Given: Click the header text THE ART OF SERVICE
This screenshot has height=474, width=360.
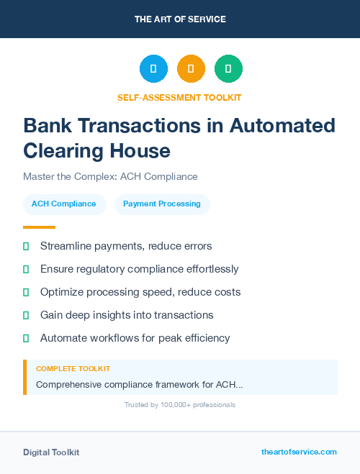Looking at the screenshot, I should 180,19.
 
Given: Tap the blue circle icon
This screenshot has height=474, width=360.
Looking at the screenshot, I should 153,68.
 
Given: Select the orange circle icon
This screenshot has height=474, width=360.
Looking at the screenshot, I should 191,68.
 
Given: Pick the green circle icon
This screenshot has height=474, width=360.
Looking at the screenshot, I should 228,68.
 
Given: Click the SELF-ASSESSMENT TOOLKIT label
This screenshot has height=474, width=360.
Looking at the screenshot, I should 180,97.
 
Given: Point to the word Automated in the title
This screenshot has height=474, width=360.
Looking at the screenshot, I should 282,126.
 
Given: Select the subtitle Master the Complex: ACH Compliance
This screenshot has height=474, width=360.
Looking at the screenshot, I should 110,176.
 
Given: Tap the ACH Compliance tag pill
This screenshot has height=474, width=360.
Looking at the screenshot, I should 64,204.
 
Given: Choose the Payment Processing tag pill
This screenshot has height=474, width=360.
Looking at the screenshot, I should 162,204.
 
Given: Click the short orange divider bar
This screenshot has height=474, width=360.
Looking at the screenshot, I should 35,227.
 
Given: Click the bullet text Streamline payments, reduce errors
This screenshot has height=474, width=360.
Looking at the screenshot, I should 126,246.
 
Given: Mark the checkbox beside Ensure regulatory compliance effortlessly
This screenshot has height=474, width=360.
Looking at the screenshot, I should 26,269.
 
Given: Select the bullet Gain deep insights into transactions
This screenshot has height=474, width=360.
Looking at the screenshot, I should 127,315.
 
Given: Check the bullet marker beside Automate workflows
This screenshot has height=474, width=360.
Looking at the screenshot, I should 26,338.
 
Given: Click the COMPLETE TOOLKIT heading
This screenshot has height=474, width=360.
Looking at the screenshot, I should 73,368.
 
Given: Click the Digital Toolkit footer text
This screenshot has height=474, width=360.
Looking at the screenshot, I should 51,452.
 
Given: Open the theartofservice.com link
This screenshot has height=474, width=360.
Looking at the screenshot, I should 299,452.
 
